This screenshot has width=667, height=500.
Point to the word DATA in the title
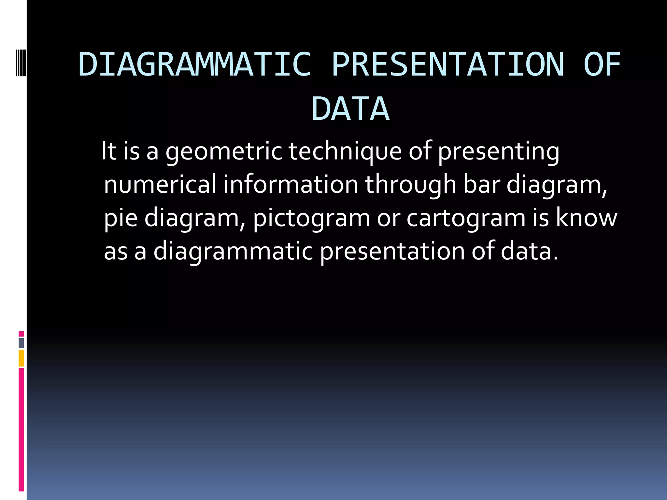point(350,109)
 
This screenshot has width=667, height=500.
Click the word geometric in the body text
point(224,152)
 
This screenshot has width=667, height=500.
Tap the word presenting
point(498,152)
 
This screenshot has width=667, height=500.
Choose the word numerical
point(160,184)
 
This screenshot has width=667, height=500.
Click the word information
point(291,184)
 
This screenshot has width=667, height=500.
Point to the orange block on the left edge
point(21,358)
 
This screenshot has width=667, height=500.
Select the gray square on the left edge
point(21,343)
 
